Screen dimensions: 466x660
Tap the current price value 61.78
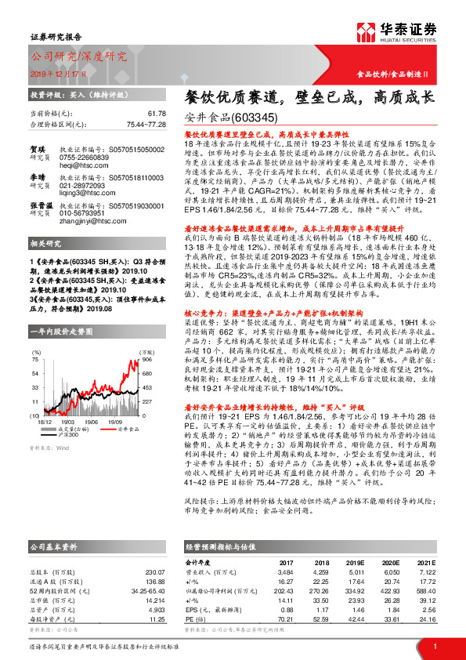click(157, 114)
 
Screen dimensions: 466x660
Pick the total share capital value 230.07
click(156, 572)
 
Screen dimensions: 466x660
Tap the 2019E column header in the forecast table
click(356, 564)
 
